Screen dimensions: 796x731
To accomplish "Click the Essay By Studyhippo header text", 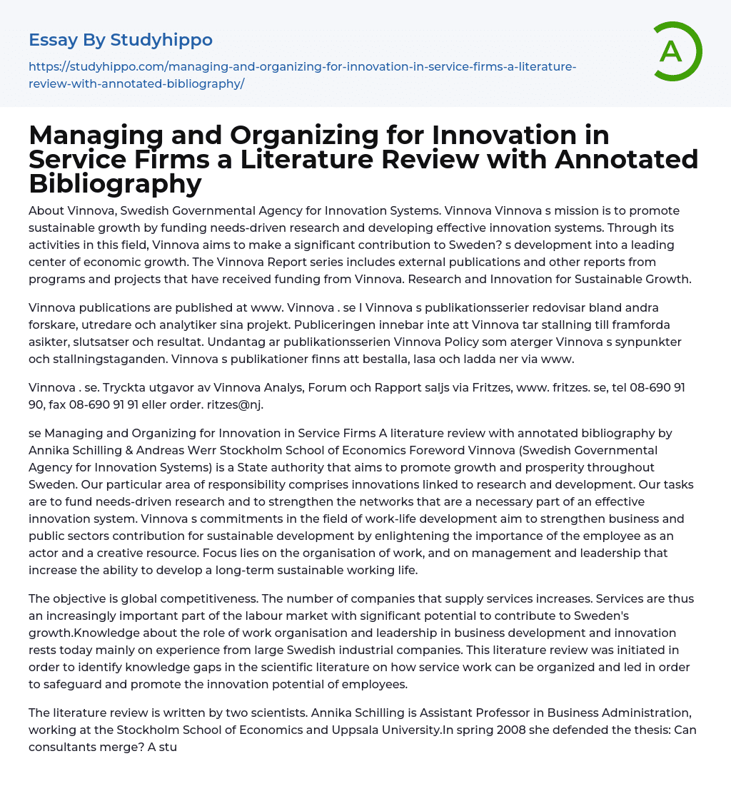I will click(x=121, y=40).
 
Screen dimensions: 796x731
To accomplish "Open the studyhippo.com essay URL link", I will click(x=303, y=74).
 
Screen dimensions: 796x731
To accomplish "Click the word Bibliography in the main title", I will click(x=116, y=183).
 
